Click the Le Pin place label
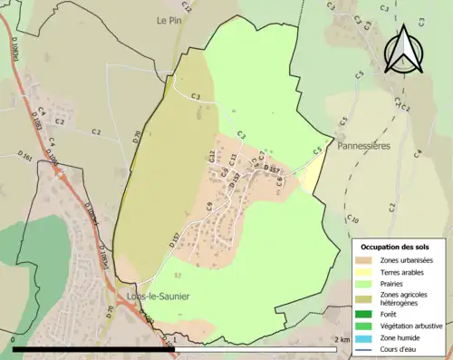click(169, 19)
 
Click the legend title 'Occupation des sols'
click(400, 247)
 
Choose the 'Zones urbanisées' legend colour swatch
click(367, 262)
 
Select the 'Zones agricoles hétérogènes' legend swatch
click(367, 299)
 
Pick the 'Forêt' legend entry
click(391, 315)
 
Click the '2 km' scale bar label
click(342, 339)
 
